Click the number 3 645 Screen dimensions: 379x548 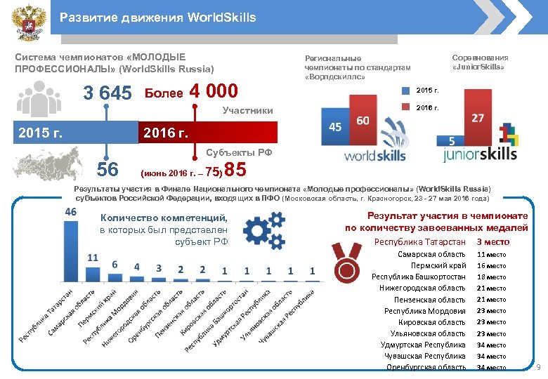click(x=107, y=93)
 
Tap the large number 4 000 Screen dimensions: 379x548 click(x=214, y=92)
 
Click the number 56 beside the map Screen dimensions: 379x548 click(x=107, y=168)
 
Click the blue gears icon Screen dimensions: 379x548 click(x=264, y=232)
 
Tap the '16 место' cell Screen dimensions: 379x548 click(x=491, y=266)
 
